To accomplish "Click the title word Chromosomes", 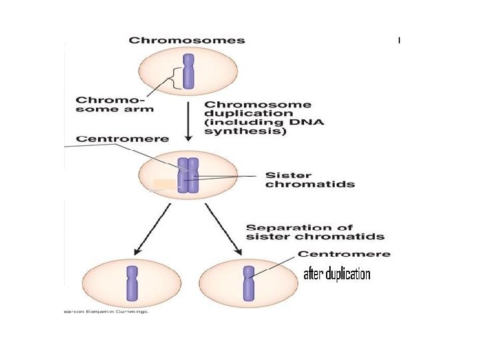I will tap(187, 40).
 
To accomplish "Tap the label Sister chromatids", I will tap(310, 179).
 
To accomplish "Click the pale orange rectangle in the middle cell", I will tap(164, 184).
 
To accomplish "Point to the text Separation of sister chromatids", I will tap(315, 232).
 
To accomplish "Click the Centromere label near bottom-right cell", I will tap(344, 254).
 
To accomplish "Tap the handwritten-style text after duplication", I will tap(337, 275).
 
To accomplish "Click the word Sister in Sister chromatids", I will tap(286, 174).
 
